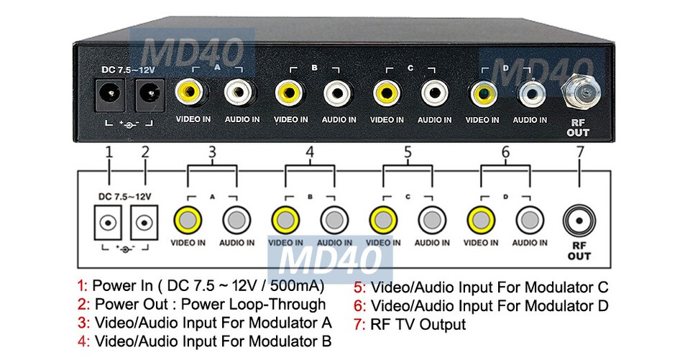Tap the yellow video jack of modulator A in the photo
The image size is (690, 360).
[190, 92]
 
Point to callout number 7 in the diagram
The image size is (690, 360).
[579, 152]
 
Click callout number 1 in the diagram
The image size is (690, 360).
[109, 152]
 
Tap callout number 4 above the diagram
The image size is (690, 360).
[309, 152]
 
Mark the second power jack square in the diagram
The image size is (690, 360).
[145, 223]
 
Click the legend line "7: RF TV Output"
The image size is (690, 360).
[410, 325]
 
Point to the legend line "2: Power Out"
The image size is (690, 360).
[201, 305]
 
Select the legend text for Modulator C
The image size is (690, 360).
[482, 286]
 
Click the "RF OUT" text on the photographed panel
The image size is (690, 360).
[578, 127]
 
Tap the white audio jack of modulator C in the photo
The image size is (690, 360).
[433, 92]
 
